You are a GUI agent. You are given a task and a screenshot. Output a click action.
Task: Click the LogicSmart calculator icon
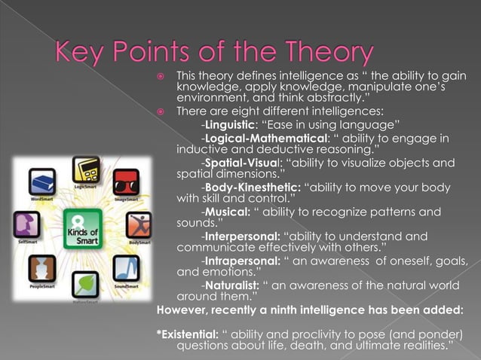pyautogui.click(x=86, y=169)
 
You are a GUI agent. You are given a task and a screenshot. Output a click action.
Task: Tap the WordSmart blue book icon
pyautogui.click(x=41, y=183)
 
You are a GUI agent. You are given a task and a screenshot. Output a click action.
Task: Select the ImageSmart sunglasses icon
pyautogui.click(x=126, y=183)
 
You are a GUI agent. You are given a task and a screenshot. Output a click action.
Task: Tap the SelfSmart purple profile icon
pyautogui.click(x=27, y=224)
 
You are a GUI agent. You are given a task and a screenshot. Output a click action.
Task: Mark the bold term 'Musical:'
pyautogui.click(x=228, y=212)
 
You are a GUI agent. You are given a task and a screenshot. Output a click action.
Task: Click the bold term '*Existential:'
pyautogui.click(x=188, y=334)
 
